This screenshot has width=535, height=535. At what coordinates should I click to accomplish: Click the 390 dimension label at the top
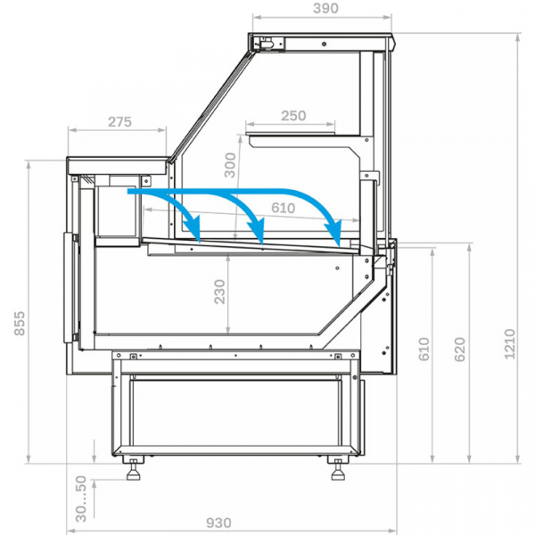point(325,8)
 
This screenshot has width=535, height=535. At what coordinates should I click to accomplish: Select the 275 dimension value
point(119,122)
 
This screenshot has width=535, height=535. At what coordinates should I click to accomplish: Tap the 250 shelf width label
point(293,116)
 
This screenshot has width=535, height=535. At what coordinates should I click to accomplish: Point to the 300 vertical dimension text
point(230,165)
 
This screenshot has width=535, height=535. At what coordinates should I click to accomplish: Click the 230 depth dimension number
point(219,292)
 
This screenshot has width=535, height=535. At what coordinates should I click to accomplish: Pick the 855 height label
point(20,323)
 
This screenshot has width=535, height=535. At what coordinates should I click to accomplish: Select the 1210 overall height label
point(509,343)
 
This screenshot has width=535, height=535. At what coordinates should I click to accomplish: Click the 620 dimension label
point(460,349)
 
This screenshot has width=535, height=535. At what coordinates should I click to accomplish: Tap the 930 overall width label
point(218,523)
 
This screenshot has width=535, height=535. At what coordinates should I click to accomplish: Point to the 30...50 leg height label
point(81,498)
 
